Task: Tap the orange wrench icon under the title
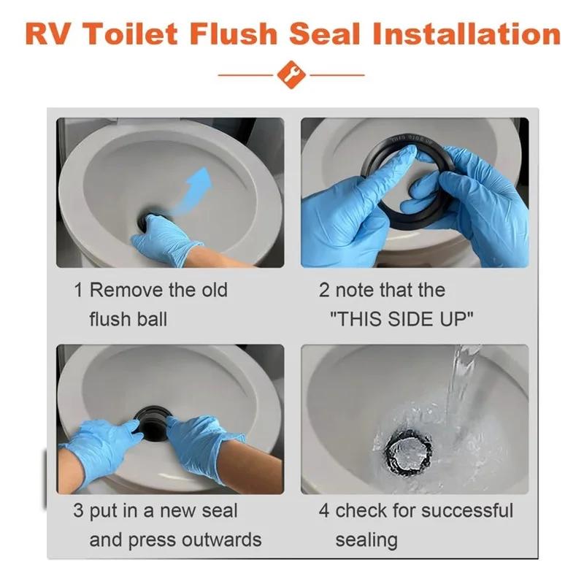pyautogui.click(x=291, y=75)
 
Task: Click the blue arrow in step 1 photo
pyautogui.click(x=193, y=191)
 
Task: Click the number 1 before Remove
pyautogui.click(x=78, y=291)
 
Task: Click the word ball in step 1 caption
pyautogui.click(x=149, y=320)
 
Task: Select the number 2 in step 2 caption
pyautogui.click(x=324, y=291)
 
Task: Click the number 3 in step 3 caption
pyautogui.click(x=78, y=510)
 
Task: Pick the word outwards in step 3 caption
pyautogui.click(x=223, y=540)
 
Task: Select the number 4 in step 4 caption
pyautogui.click(x=324, y=510)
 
